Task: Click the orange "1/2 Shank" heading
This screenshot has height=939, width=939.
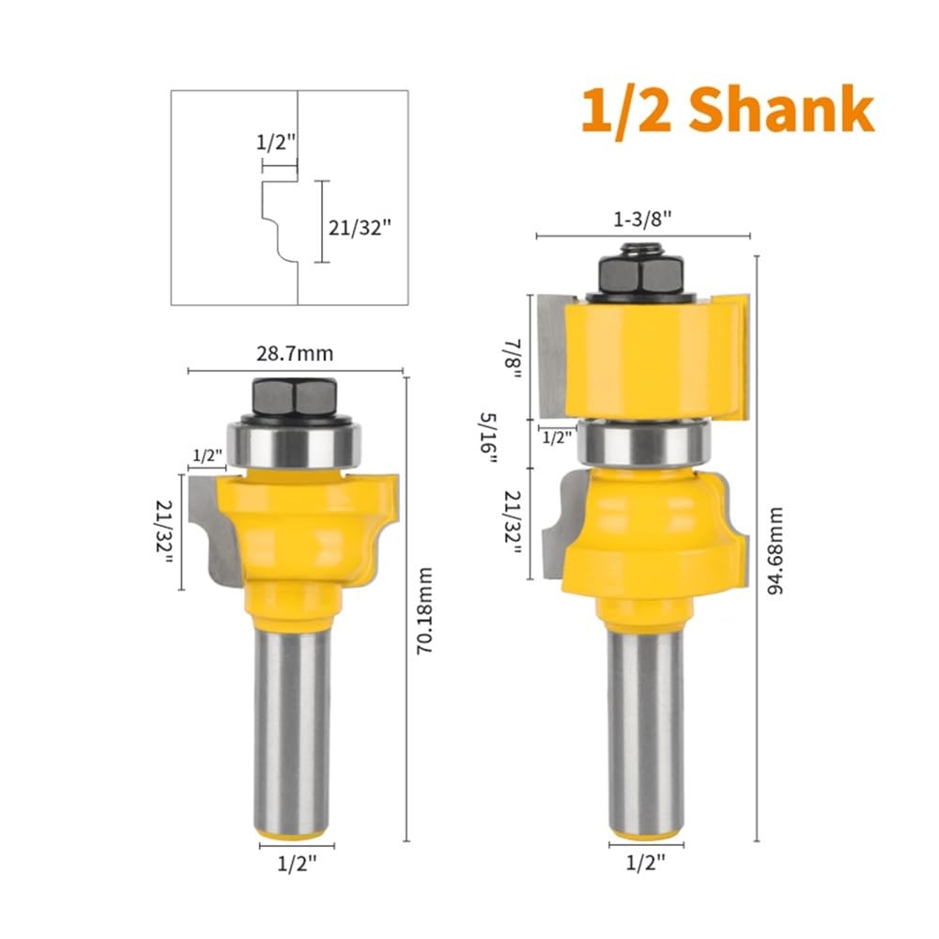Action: coord(727,110)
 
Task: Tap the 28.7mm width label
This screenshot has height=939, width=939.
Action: coord(295,353)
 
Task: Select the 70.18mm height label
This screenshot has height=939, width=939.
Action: coord(424,610)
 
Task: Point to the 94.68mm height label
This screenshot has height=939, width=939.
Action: coord(776,550)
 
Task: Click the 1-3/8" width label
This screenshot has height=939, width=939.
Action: coord(643,219)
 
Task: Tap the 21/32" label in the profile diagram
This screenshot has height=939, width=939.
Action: coord(360,227)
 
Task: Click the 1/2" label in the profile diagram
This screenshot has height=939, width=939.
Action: coord(276,143)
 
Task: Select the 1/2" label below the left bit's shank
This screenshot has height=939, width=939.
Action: coord(297,864)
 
